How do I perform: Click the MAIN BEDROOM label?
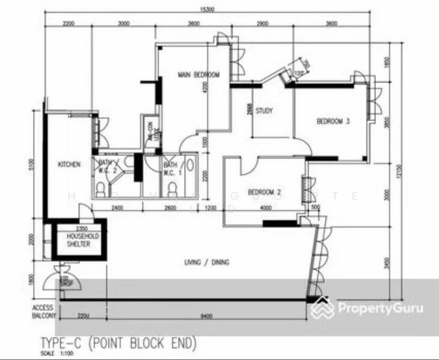coord(198,75)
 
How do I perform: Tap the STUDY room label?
coord(264,111)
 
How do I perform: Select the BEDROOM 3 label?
coord(333,122)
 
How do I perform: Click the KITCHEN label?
coord(69,164)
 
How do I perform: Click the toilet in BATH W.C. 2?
coord(100,190)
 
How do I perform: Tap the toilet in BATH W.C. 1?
coord(173,190)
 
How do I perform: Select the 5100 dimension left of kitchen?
coord(32,164)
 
